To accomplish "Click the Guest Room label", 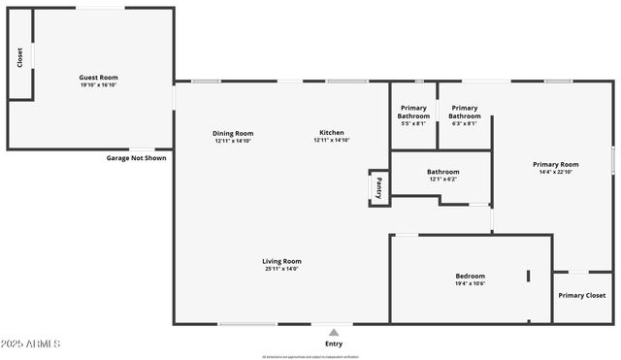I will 98,77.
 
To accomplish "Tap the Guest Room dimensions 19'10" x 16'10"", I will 98,84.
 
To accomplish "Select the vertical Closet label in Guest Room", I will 19,58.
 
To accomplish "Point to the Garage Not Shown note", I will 137,157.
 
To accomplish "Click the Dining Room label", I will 234,133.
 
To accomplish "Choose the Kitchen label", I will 332,133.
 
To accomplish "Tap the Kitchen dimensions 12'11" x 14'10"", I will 332,141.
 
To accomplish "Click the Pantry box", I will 379,187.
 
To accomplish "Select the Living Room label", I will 281,261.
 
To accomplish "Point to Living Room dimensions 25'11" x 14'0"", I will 281,269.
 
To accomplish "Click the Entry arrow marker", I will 334,333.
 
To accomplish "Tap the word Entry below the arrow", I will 334,344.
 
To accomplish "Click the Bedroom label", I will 470,276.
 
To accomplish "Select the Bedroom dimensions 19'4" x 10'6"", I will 470,283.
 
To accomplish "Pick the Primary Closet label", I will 582,295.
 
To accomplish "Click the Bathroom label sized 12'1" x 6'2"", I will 442,172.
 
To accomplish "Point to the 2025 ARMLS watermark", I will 31,344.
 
